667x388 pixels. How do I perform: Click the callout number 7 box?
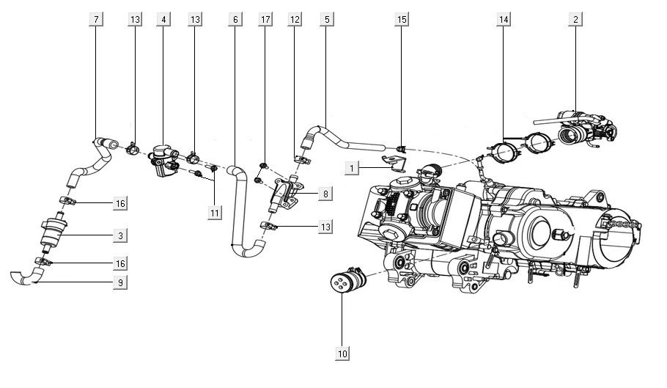[95, 20]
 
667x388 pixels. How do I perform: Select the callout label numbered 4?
[164, 20]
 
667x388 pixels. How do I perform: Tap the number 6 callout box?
[235, 20]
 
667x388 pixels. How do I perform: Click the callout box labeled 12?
[295, 20]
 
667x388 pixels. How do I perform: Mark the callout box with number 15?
[402, 20]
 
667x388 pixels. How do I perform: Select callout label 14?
[503, 20]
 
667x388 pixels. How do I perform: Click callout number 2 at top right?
[576, 20]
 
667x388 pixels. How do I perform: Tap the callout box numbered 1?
[353, 169]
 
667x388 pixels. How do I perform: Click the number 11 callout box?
[213, 213]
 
